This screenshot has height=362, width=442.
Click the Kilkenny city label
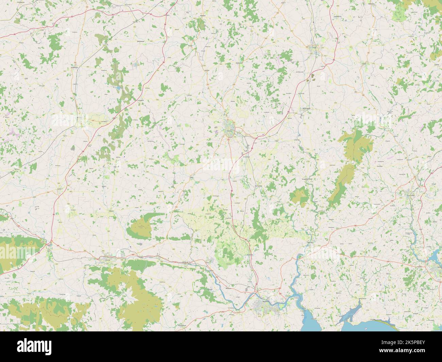click(x=227, y=130)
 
